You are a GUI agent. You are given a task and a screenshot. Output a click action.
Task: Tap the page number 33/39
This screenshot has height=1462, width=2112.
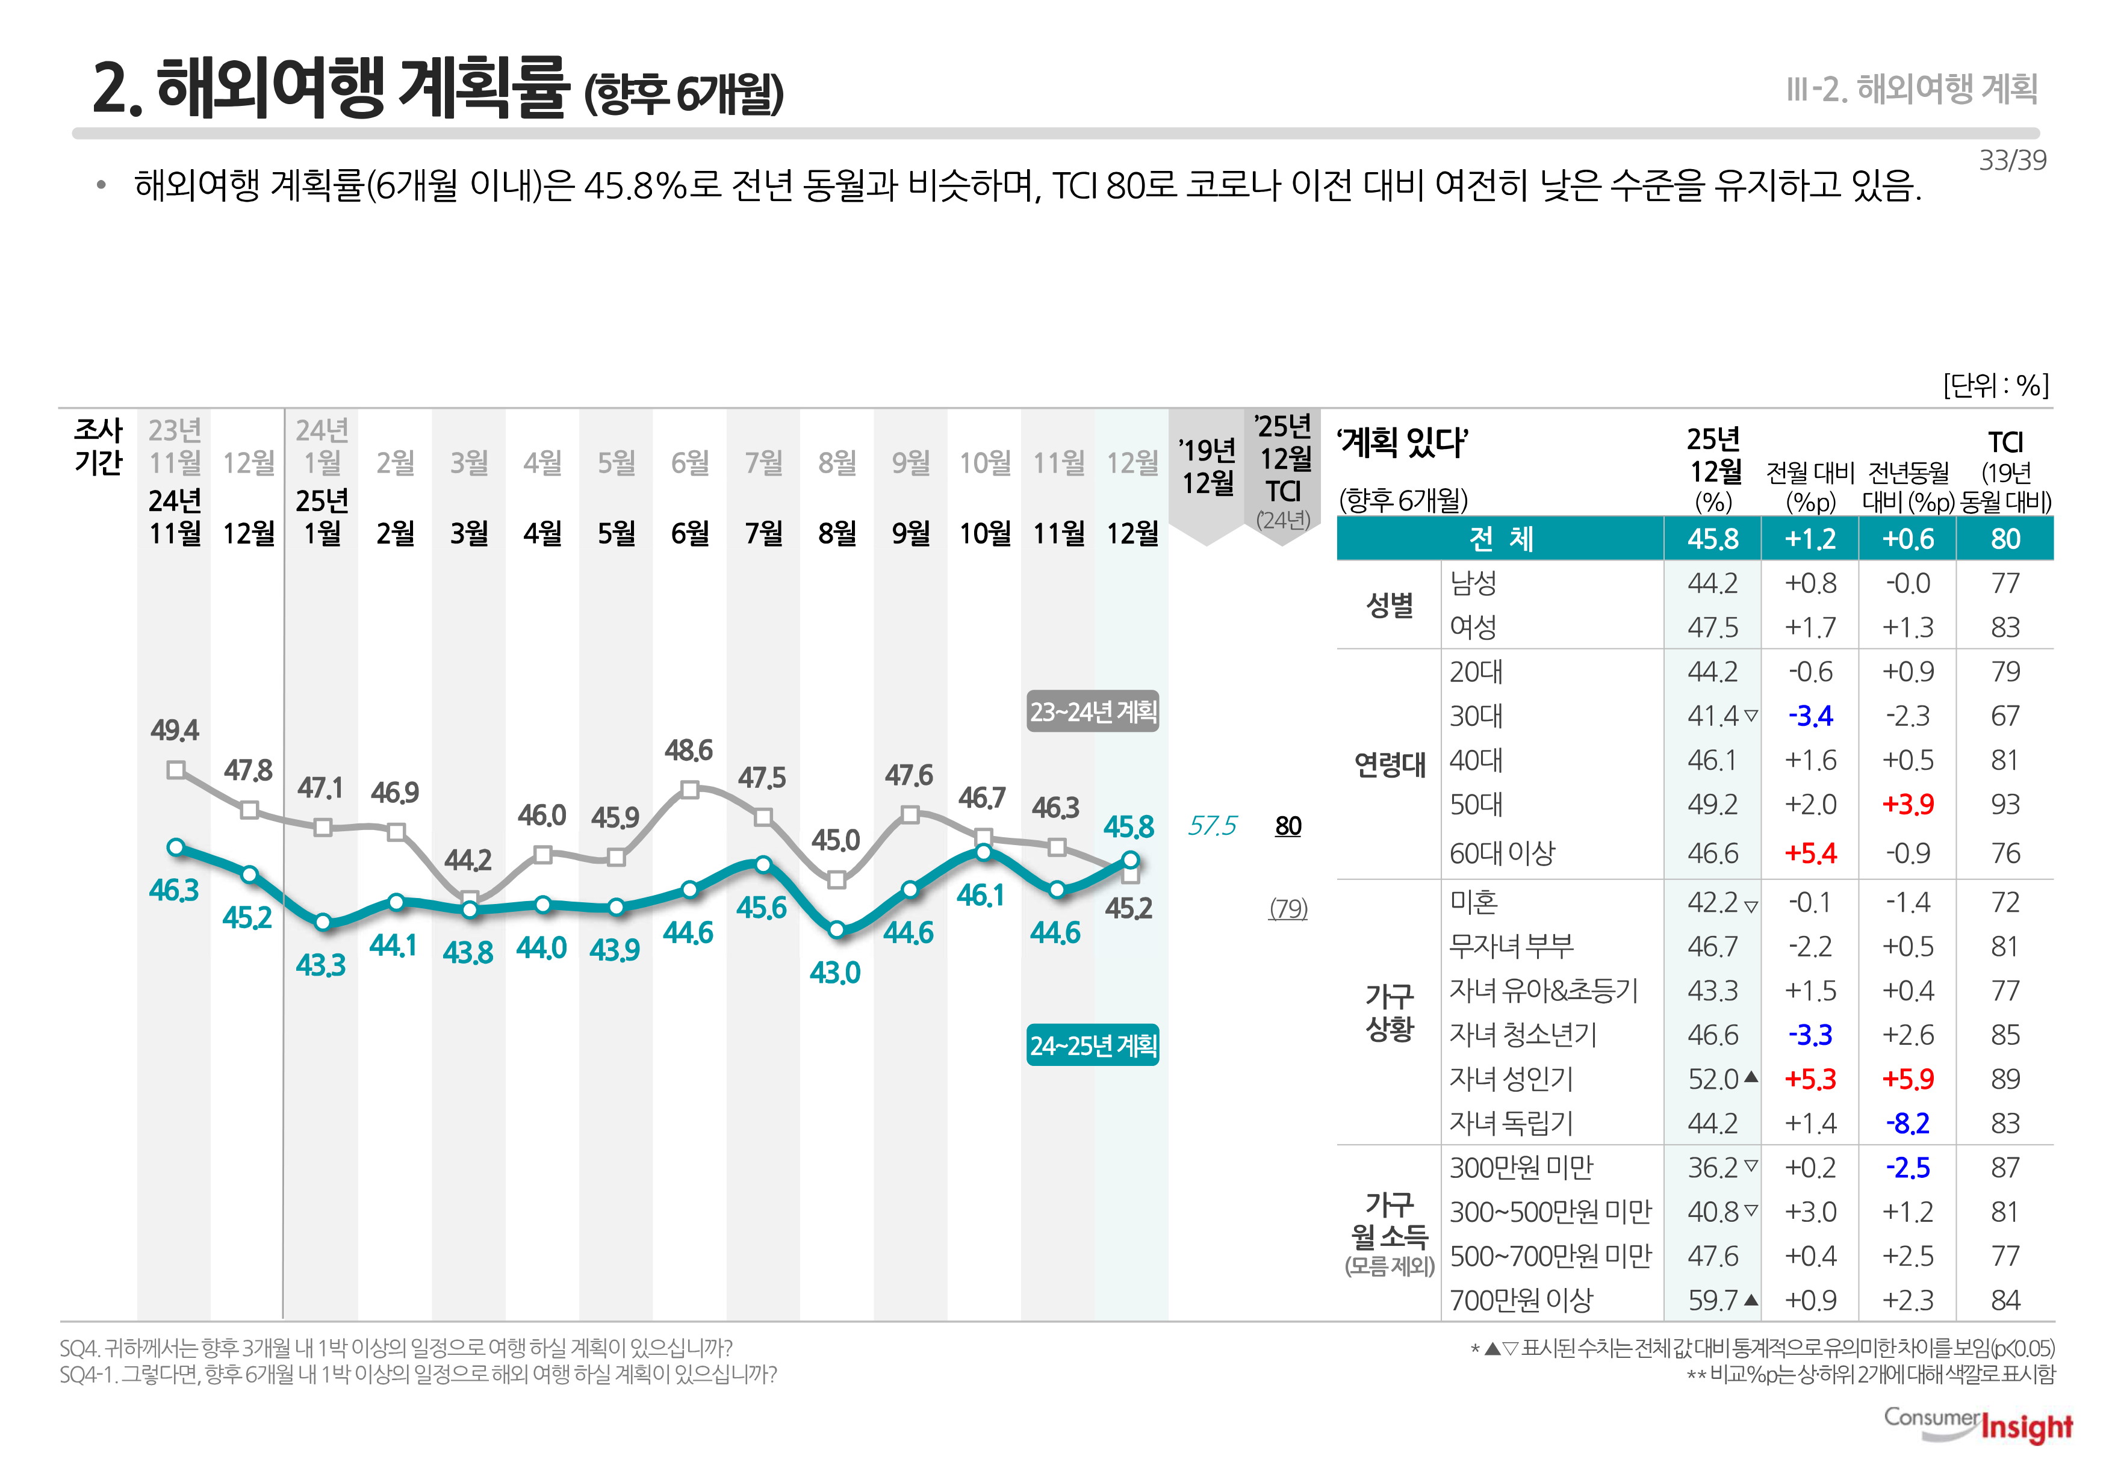point(2011,160)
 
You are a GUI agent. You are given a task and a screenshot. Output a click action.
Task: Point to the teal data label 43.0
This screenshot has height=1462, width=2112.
point(834,972)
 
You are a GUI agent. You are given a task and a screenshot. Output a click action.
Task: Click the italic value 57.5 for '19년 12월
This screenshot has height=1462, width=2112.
point(1211,826)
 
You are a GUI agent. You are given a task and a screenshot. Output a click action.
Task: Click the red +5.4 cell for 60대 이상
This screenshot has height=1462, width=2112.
point(1810,853)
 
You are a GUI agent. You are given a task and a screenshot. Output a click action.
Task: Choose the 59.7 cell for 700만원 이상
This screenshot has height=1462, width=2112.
point(1712,1300)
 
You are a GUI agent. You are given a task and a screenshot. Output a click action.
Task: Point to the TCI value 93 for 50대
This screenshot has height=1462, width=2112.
point(2005,804)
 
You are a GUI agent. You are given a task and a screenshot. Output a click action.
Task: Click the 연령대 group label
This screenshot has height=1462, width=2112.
point(1389,764)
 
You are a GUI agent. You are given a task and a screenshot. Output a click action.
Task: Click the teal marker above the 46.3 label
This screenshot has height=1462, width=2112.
point(176,847)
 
